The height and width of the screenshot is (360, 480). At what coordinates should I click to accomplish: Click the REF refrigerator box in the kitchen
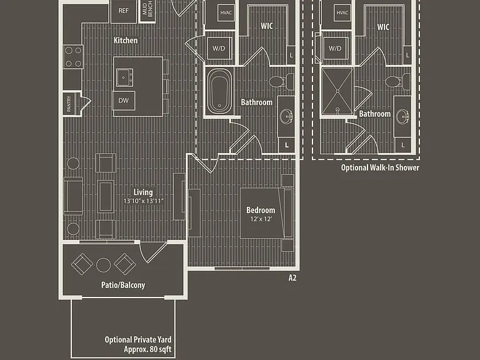(124, 11)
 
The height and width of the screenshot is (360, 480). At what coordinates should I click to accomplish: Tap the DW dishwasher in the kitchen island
(124, 101)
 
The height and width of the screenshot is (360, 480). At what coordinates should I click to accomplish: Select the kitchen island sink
(124, 77)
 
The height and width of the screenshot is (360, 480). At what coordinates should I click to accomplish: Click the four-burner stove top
(74, 56)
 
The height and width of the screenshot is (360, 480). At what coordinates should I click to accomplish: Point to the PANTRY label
(69, 104)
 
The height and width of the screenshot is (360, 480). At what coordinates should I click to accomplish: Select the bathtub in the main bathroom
(219, 91)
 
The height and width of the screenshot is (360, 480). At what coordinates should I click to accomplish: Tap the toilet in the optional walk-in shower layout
(397, 82)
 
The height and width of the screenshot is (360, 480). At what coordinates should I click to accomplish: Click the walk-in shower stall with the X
(337, 92)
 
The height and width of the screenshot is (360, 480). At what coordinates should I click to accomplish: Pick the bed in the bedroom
(266, 213)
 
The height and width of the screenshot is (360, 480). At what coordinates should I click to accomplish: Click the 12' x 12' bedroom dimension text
(261, 219)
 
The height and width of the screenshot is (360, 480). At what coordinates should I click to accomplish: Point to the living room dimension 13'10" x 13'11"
(144, 201)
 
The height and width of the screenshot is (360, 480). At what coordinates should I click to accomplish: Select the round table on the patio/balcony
(104, 265)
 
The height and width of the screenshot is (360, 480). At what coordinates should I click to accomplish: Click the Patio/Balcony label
(123, 285)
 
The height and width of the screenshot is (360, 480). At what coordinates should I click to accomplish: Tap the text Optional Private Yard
(138, 339)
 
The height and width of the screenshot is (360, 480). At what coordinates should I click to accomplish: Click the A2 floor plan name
(292, 277)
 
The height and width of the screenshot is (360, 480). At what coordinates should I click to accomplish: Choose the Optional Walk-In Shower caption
(380, 167)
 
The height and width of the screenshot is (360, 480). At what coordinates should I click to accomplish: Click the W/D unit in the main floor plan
(219, 48)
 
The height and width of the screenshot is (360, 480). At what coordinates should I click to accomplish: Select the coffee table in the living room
(106, 196)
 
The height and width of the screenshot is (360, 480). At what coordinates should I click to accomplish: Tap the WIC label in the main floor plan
(267, 26)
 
